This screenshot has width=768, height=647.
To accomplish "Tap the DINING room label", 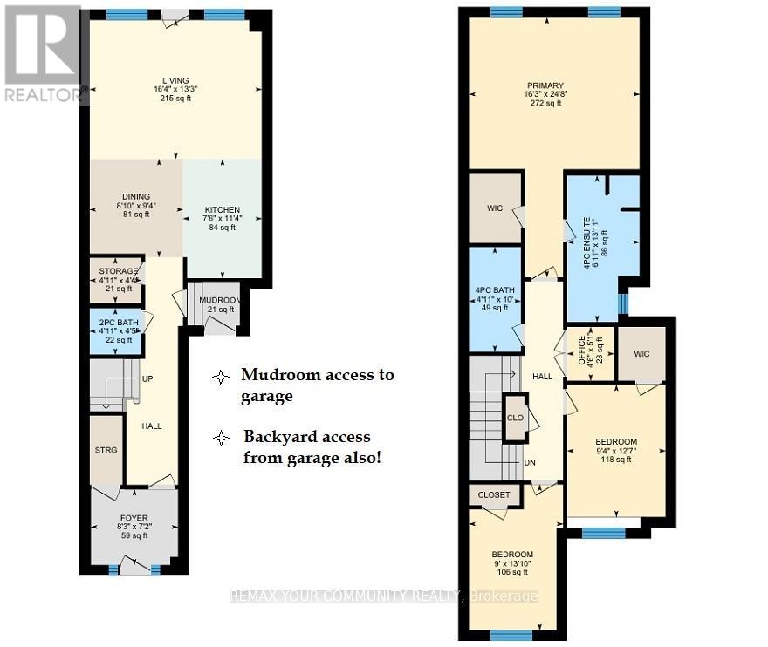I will tap(136, 196).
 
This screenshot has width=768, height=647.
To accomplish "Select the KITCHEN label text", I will tap(222, 210).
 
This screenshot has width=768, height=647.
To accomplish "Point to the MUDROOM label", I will tap(219, 300).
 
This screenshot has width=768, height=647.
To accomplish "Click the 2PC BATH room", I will tap(116, 330).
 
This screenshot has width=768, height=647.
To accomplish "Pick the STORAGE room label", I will tap(119, 271).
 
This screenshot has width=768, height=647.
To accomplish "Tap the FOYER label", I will tap(134, 518).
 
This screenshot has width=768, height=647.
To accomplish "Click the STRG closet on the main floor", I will tap(107, 450).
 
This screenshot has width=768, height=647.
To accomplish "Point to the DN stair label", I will tap(529, 463).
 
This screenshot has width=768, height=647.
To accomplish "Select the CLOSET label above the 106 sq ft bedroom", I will tap(495, 495).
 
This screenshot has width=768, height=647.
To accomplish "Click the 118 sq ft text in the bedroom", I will tap(616, 460).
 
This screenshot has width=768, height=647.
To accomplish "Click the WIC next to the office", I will tap(641, 354).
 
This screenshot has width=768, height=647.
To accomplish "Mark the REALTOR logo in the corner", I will tap(41, 52).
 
